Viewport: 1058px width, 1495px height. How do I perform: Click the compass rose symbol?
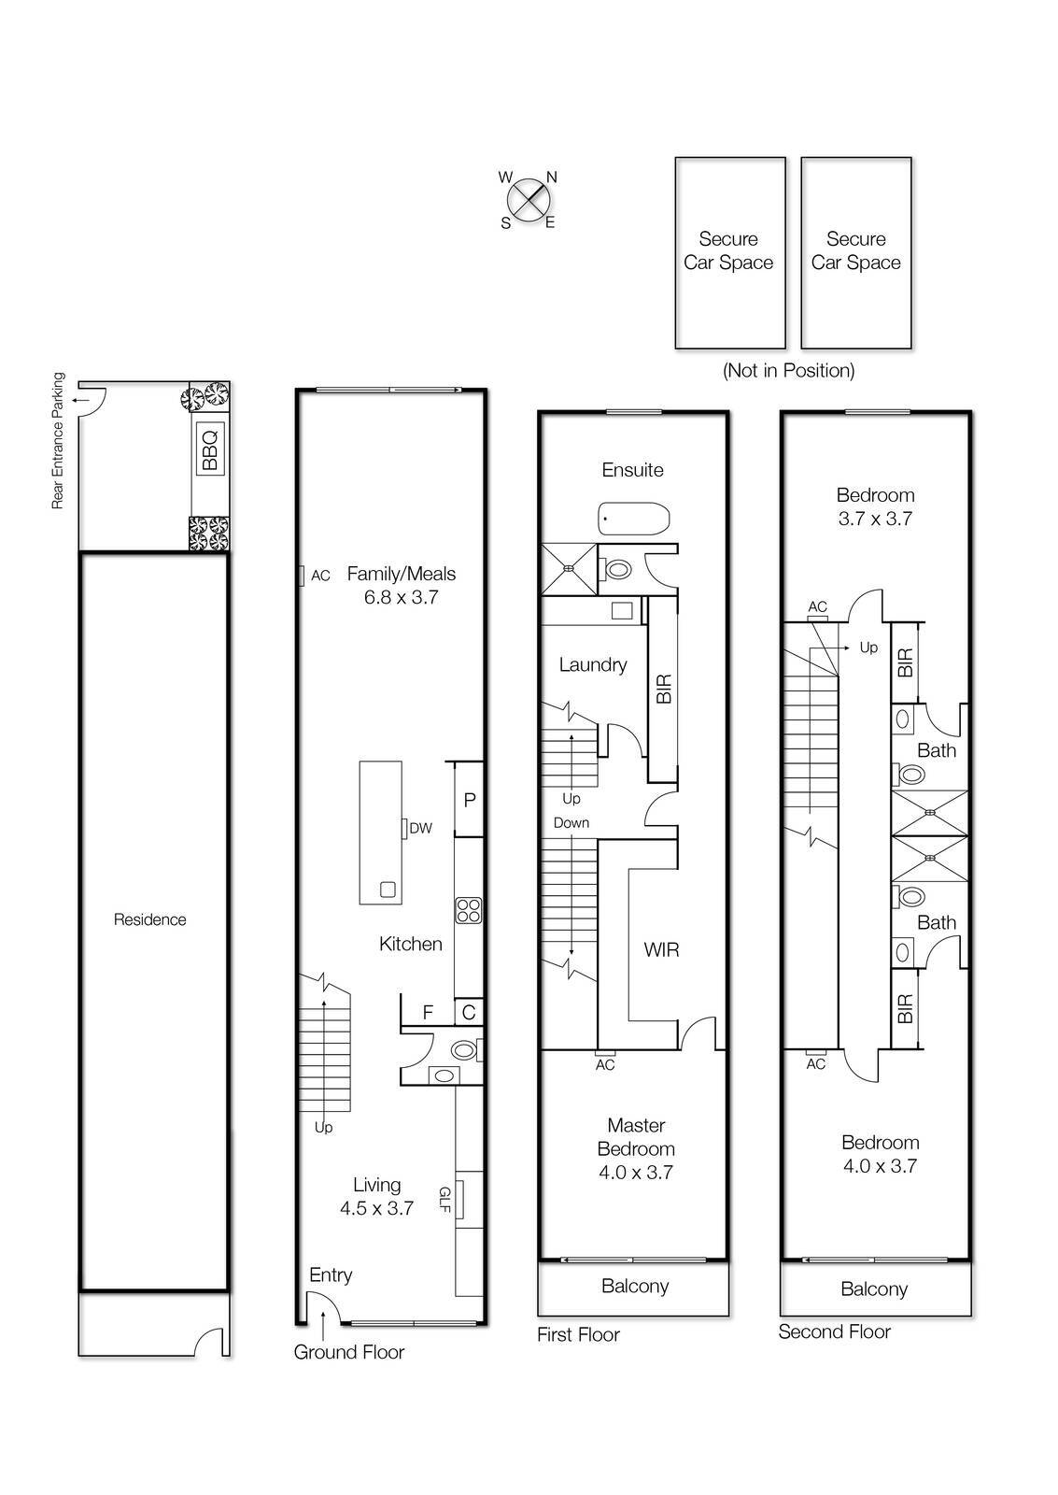tap(529, 199)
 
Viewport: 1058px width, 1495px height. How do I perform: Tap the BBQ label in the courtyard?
tap(209, 448)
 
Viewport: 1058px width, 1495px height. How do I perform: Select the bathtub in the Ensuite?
tap(634, 518)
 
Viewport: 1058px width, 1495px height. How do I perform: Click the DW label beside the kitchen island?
tap(420, 828)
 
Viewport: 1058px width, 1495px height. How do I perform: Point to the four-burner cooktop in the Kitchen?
tap(468, 910)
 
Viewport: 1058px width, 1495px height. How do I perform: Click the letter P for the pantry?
tap(470, 800)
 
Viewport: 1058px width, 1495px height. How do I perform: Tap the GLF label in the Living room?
tap(444, 1200)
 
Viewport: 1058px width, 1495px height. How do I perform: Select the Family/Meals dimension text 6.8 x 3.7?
tap(401, 597)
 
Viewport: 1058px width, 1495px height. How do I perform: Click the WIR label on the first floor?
tap(661, 949)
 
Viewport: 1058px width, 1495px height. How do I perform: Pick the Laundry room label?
tap(592, 664)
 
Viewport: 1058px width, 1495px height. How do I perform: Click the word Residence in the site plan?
tap(150, 919)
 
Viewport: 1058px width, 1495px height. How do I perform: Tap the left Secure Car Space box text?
tap(728, 250)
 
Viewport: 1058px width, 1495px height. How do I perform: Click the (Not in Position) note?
tap(788, 370)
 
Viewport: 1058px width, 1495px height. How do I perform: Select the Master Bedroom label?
tap(635, 1137)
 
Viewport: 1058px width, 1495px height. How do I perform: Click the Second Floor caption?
tap(834, 1331)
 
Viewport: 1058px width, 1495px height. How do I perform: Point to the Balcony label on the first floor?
tap(634, 1286)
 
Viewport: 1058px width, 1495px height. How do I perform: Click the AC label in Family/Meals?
tap(320, 576)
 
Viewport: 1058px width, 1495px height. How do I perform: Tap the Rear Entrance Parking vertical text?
tap(58, 441)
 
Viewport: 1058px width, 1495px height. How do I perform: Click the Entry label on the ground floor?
tap(331, 1275)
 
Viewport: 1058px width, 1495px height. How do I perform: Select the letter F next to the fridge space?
tap(428, 1012)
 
